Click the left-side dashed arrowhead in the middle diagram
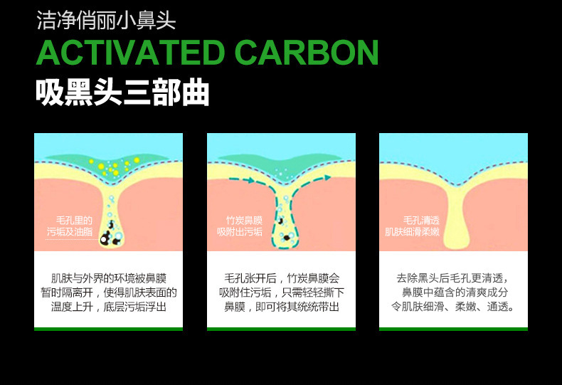point(251,181)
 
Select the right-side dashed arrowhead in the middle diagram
point(327,178)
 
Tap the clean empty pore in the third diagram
point(453,221)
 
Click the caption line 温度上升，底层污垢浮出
point(108,307)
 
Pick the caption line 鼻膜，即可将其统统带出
point(281,307)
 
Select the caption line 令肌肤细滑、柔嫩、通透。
point(453,307)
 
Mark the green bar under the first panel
point(108,329)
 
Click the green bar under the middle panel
point(281,329)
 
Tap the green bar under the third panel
point(453,329)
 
